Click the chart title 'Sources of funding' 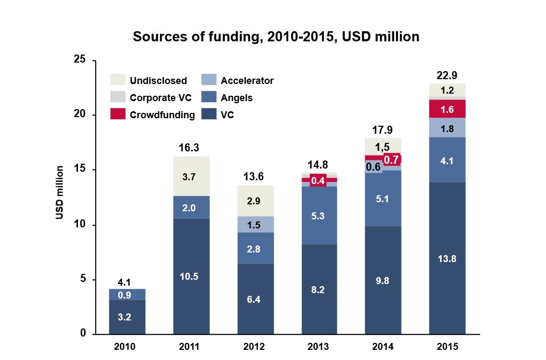pyautogui.click(x=276, y=37)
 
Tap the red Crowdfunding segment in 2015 pyautogui.click(x=447, y=109)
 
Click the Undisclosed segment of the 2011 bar pyautogui.click(x=191, y=176)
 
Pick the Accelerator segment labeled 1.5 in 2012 pyautogui.click(x=255, y=225)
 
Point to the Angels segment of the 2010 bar pyautogui.click(x=127, y=294)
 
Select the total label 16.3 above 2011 pyautogui.click(x=191, y=148)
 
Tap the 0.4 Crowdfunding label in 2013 pyautogui.click(x=318, y=180)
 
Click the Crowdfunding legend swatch pyautogui.click(x=118, y=114)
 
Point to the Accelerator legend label pyautogui.click(x=247, y=81)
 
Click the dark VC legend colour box pyautogui.click(x=209, y=114)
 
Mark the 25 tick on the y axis pyautogui.click(x=80, y=60)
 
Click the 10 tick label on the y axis pyautogui.click(x=80, y=225)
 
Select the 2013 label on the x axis pyautogui.click(x=318, y=347)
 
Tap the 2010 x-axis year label pyautogui.click(x=127, y=347)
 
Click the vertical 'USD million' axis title pyautogui.click(x=60, y=193)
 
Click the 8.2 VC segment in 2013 pyautogui.click(x=318, y=289)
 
